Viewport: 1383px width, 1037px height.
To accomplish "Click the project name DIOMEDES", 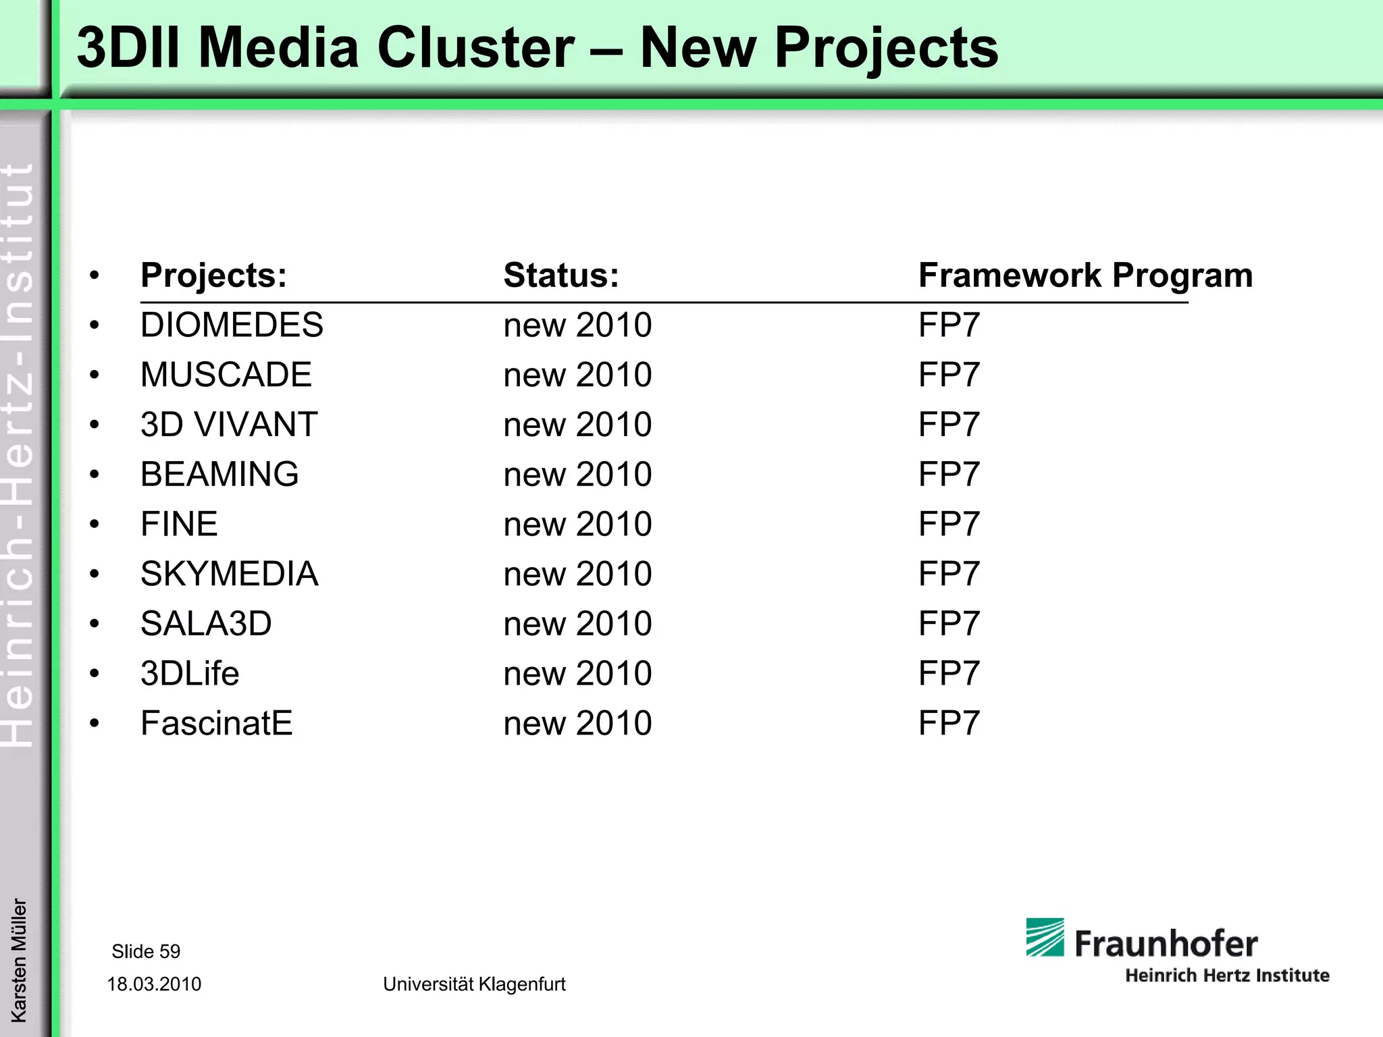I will pyautogui.click(x=232, y=325).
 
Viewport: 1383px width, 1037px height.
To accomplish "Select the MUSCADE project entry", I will pyautogui.click(x=226, y=375).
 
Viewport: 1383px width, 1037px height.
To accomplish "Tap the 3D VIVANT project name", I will pyautogui.click(x=229, y=425).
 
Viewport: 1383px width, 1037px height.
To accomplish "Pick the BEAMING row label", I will pyautogui.click(x=219, y=475).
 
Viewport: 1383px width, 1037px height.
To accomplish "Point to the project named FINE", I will pyautogui.click(x=179, y=524).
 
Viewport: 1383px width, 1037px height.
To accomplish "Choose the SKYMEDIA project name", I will pyautogui.click(x=229, y=574).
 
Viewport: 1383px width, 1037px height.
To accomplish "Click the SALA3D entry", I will pyautogui.click(x=206, y=624).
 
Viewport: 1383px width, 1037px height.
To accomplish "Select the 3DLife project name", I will pyautogui.click(x=190, y=674).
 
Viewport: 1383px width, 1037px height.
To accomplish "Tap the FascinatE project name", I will pyautogui.click(x=216, y=723).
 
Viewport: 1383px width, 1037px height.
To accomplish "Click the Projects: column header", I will pyautogui.click(x=213, y=275).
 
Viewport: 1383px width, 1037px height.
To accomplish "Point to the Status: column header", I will pyautogui.click(x=561, y=275).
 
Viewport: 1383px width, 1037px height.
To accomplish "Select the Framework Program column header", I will pyautogui.click(x=1085, y=275).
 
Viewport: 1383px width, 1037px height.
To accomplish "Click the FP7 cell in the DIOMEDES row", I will pyautogui.click(x=949, y=325).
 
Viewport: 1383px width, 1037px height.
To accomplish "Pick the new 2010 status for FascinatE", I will pyautogui.click(x=577, y=723).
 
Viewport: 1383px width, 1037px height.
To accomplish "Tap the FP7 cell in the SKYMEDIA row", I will pyautogui.click(x=949, y=574).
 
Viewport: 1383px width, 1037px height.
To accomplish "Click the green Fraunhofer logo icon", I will pyautogui.click(x=1045, y=937).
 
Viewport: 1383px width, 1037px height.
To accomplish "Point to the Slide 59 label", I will pyautogui.click(x=146, y=951).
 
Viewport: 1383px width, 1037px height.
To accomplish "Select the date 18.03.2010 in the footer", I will pyautogui.click(x=154, y=984).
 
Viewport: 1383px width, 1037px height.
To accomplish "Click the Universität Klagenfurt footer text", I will pyautogui.click(x=474, y=984).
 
